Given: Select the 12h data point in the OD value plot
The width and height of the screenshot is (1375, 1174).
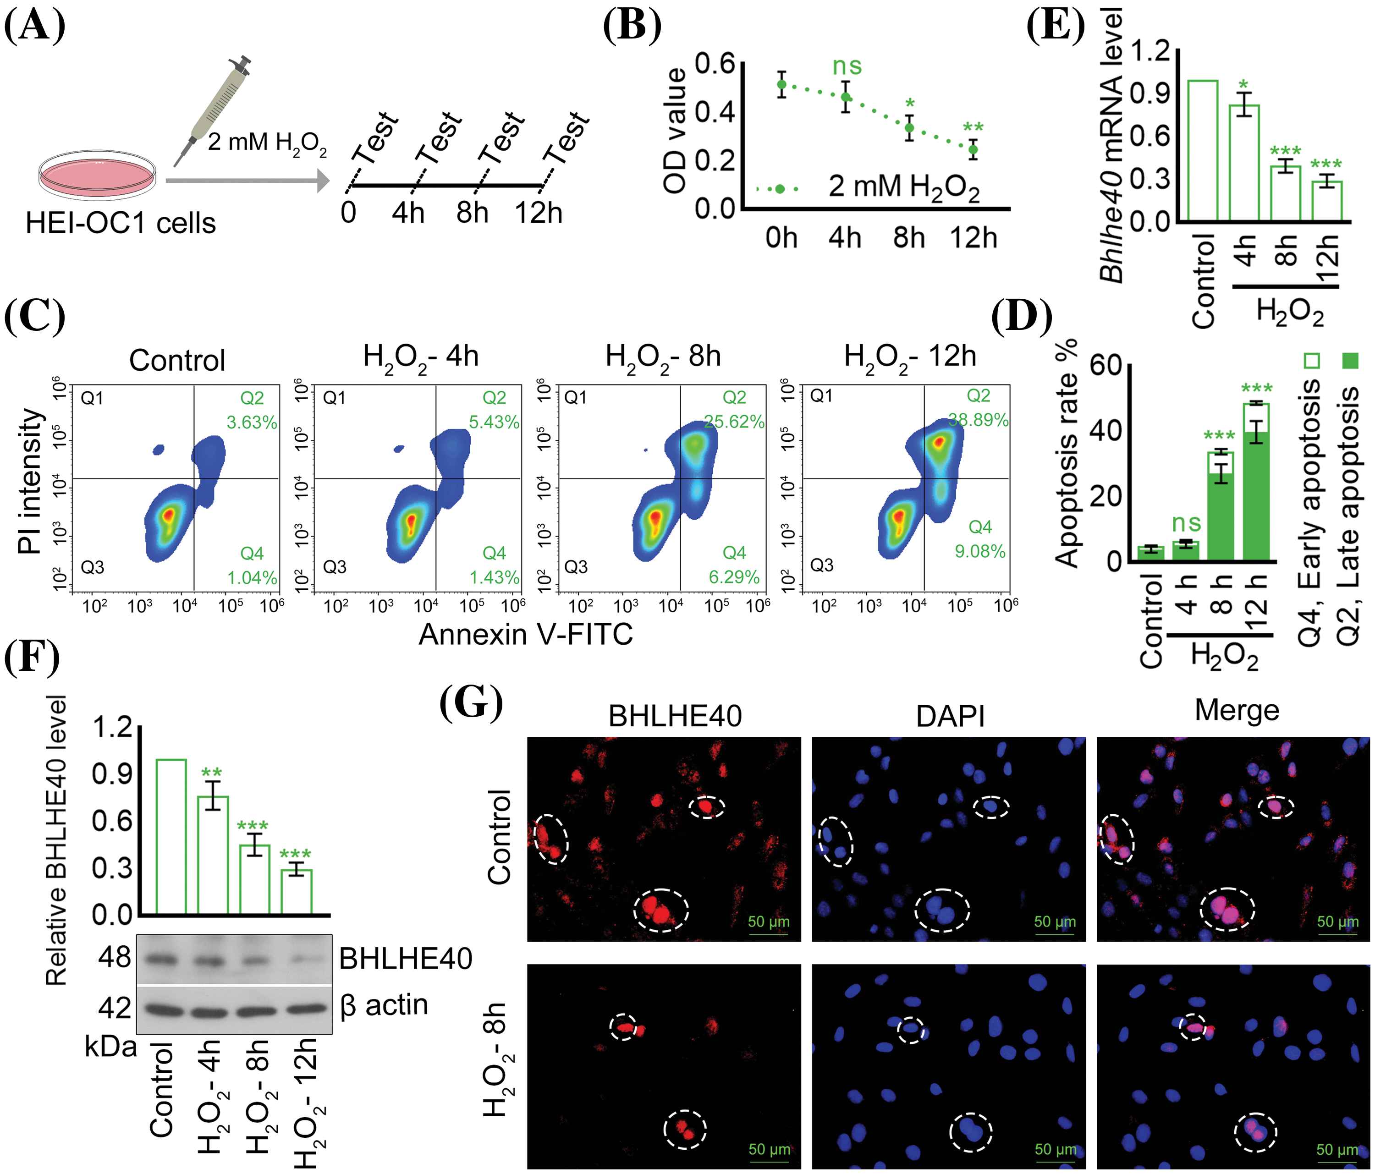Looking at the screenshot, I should tap(973, 149).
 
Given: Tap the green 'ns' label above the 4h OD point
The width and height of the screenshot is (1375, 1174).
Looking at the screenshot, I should tap(847, 66).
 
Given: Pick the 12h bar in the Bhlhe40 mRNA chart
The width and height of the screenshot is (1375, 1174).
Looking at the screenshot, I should tap(1326, 200).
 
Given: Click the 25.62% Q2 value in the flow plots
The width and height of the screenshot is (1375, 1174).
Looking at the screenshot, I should tap(734, 422).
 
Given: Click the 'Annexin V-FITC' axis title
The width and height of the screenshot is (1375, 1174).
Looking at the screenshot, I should tap(526, 635).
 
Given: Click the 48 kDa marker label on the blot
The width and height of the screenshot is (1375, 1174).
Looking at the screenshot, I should tap(114, 958).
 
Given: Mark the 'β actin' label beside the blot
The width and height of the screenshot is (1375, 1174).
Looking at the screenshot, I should tap(384, 1005).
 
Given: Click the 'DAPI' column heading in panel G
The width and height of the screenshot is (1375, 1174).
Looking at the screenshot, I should tap(950, 716).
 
